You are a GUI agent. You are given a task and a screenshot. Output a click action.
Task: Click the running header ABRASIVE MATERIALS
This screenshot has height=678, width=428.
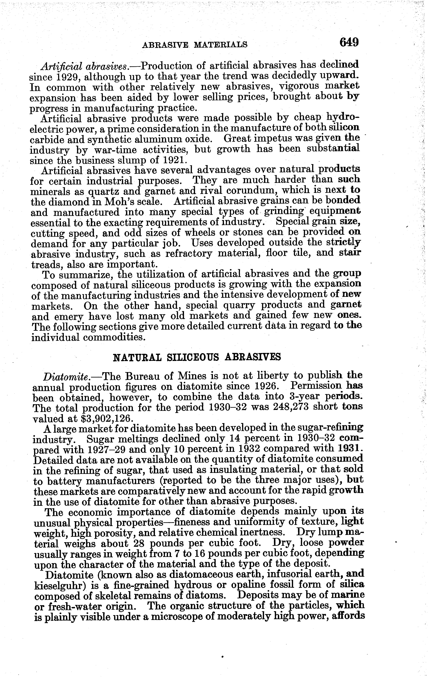(x=195, y=45)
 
